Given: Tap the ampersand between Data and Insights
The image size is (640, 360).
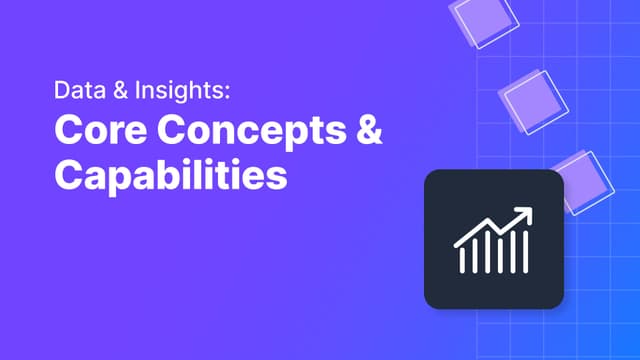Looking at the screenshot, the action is coord(120,90).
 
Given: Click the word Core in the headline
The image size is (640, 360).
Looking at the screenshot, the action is coord(100,130).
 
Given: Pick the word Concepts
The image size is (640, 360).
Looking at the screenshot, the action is coord(252,132).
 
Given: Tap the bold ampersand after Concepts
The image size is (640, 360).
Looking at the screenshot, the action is coord(369,129).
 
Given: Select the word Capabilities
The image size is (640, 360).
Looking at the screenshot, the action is coord(171,175).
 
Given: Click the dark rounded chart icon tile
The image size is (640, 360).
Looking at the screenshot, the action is coord(494,239).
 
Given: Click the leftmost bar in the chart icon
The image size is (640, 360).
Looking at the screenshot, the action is coord(462,261).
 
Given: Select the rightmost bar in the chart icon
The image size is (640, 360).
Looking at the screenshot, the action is coord(526,252).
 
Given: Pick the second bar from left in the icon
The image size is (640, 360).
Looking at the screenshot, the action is coord(475,256).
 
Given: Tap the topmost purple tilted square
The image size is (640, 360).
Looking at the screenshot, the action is coord(484,21).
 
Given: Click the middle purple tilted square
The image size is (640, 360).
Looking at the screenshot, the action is coord(533,102).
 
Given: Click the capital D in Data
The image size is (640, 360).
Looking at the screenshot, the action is coord(62,90).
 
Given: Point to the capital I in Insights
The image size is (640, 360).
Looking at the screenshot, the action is coord(138,90).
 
